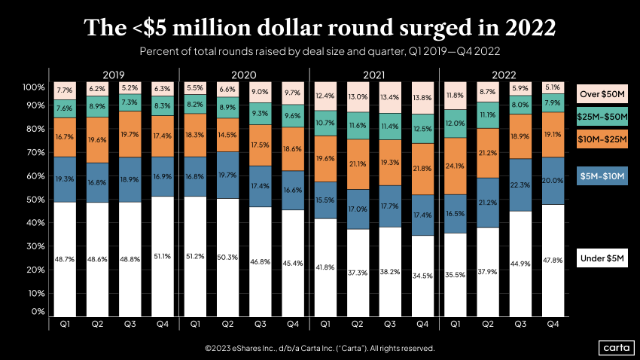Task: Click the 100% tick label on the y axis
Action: [x=34, y=87]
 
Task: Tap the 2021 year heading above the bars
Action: [x=373, y=75]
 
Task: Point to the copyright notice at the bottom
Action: [x=319, y=349]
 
